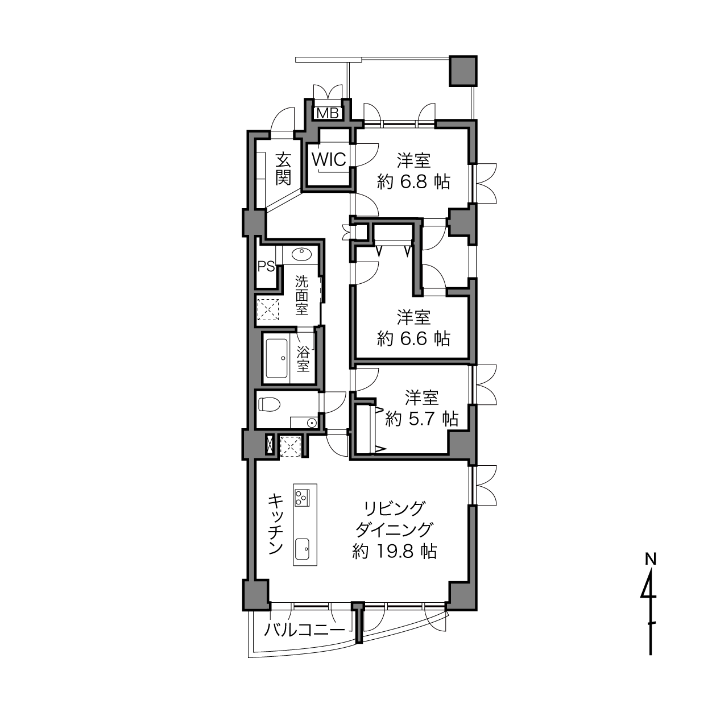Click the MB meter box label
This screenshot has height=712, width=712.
(x=328, y=113)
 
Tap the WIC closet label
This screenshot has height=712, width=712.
(x=329, y=160)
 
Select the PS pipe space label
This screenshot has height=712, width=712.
(x=266, y=266)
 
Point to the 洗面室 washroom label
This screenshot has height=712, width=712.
(x=301, y=296)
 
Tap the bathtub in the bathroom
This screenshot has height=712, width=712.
(x=277, y=358)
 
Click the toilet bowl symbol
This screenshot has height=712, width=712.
(x=270, y=404)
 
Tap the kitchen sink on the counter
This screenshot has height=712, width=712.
(x=302, y=550)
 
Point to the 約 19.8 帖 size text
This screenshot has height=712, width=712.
(x=395, y=552)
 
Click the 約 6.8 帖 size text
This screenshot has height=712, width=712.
(x=413, y=182)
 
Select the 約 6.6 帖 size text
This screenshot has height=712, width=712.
(x=413, y=338)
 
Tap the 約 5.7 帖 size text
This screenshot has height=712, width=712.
(x=421, y=419)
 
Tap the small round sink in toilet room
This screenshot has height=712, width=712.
(x=312, y=422)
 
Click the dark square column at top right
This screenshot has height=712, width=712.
(x=463, y=71)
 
